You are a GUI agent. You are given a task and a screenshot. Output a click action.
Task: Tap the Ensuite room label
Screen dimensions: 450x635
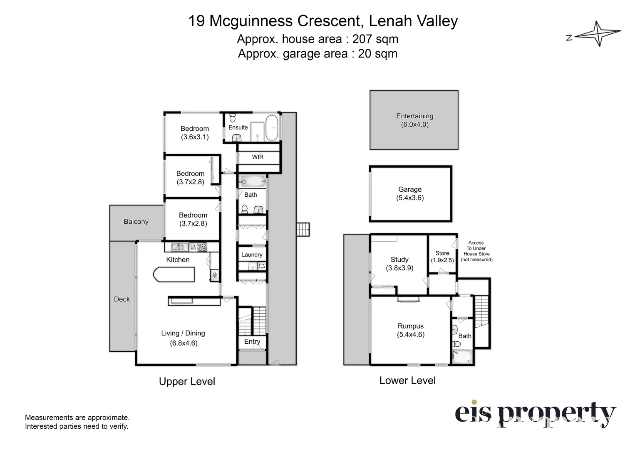point(238,127)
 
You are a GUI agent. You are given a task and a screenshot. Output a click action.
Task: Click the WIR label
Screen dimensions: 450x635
point(258,157)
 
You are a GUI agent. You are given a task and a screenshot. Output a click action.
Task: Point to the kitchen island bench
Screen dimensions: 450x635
point(174,275)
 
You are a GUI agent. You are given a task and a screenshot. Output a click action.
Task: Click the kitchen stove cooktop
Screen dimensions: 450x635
point(202,247)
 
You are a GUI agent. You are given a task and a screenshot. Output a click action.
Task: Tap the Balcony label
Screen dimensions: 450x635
point(136,222)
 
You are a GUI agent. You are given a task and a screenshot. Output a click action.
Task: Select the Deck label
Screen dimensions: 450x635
point(122,299)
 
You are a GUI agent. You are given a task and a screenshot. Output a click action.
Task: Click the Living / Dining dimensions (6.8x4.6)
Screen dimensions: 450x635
point(184,343)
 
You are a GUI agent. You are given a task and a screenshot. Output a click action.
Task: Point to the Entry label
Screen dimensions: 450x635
point(252,342)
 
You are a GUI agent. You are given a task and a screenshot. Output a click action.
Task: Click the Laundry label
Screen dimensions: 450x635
point(252,255)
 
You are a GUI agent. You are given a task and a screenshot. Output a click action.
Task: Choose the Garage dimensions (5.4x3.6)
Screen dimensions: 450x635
point(410,198)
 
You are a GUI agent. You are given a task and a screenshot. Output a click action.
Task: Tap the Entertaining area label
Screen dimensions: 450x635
point(414,116)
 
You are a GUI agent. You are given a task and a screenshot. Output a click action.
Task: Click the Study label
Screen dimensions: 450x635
point(399,260)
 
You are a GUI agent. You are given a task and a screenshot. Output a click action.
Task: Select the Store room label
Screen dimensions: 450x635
point(442,253)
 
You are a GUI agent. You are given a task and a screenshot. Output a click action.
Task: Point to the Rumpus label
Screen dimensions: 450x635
point(410,326)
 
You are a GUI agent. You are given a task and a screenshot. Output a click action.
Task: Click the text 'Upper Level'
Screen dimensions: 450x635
point(187,382)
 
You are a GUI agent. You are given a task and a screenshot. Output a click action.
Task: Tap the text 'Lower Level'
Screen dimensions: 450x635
point(407,380)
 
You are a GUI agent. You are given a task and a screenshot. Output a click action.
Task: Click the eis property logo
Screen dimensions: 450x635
point(535,414)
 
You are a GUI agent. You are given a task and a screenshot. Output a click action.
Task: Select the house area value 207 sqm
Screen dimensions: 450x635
point(375,39)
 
